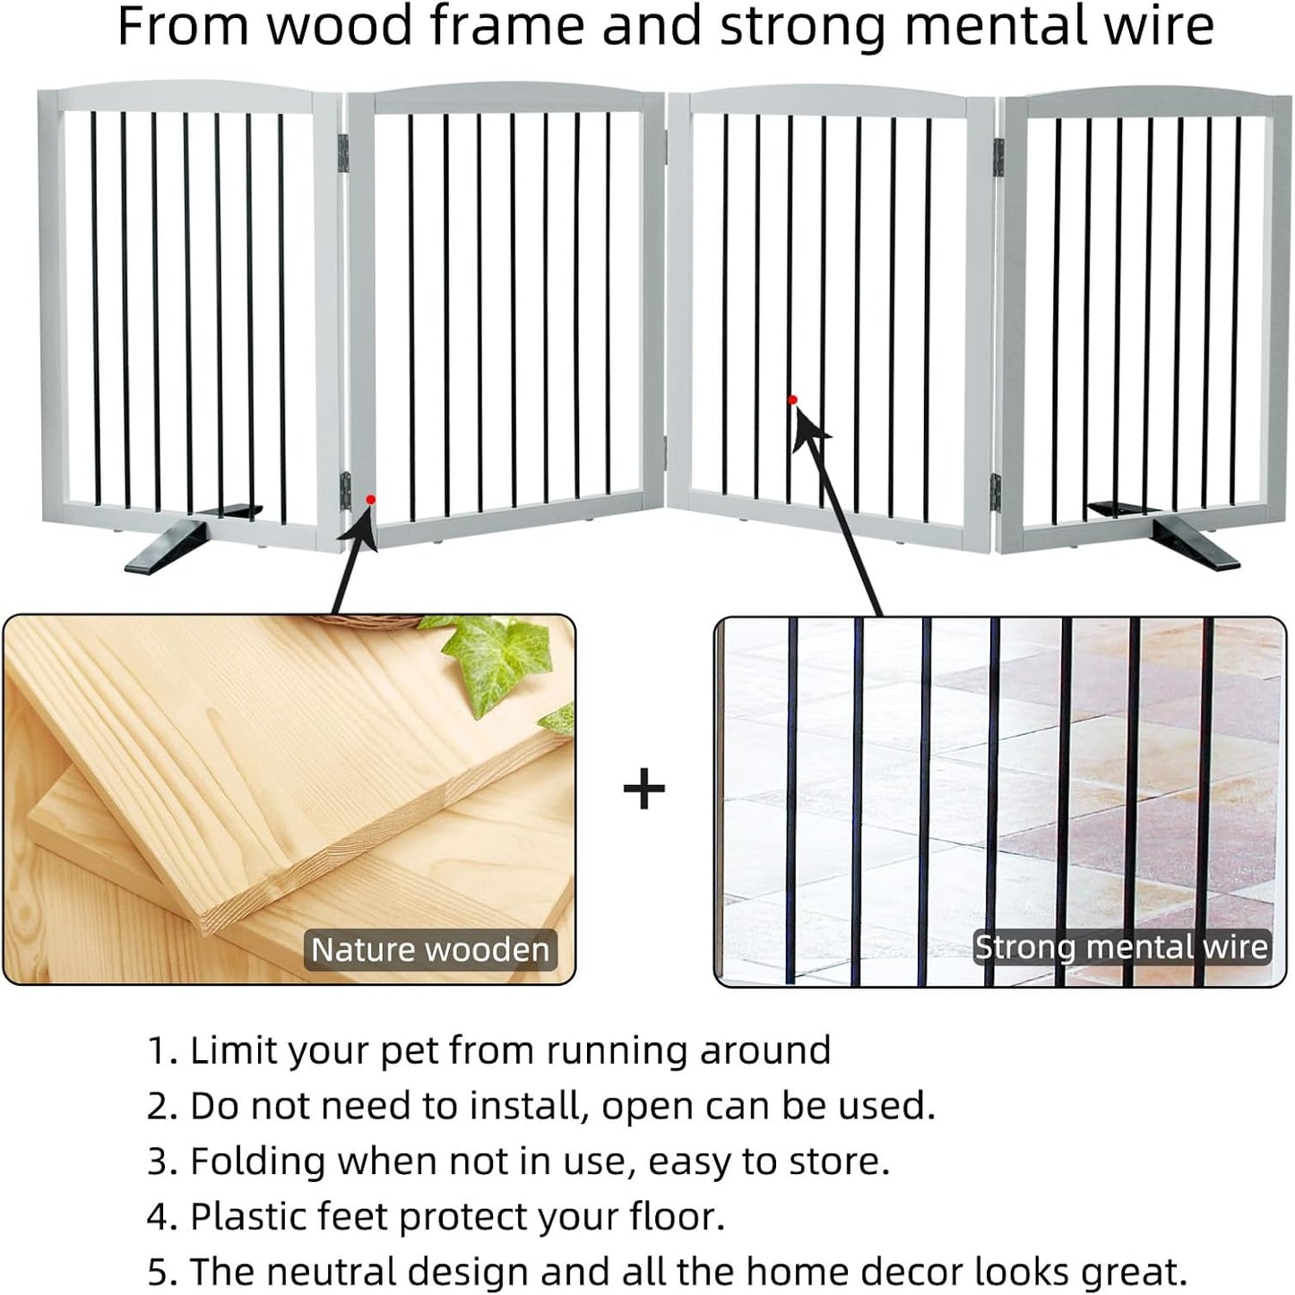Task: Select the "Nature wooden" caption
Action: coord(430,950)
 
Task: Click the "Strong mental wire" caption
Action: coord(1121,947)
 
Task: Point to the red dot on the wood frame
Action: coord(370,499)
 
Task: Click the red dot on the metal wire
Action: coord(792,400)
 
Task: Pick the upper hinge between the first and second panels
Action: coord(342,153)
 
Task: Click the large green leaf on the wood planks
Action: coord(499,659)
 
